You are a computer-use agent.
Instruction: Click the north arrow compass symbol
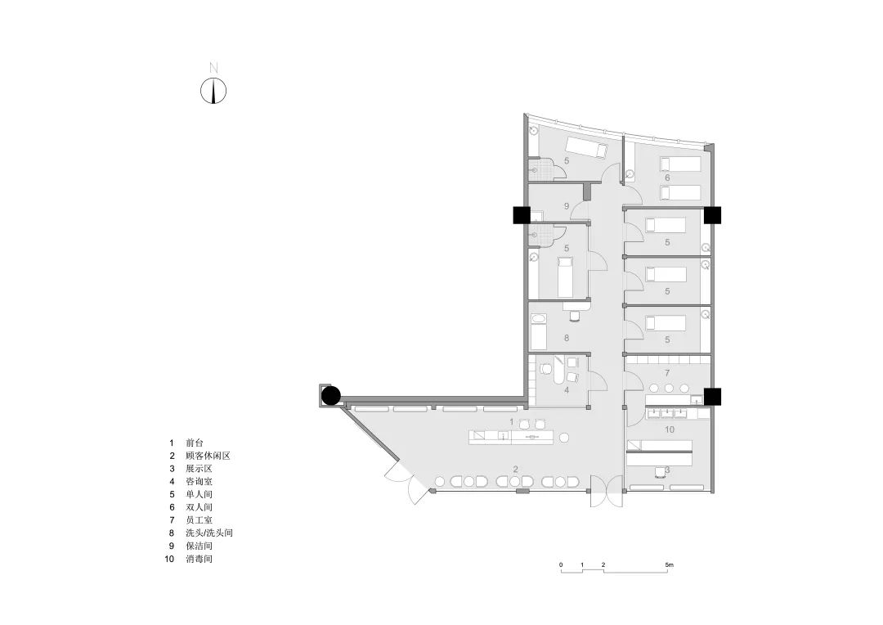click(213, 90)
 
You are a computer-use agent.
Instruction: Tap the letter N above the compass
click(213, 67)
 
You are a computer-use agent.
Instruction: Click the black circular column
click(330, 396)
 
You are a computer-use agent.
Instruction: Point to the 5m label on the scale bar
click(669, 565)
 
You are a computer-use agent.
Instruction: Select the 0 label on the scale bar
click(561, 565)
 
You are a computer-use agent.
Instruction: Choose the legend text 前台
click(194, 443)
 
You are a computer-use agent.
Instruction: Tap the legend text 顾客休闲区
click(208, 456)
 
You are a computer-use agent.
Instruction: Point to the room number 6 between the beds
click(667, 178)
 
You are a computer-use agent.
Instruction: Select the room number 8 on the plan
click(566, 337)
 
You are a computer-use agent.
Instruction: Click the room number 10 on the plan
click(668, 429)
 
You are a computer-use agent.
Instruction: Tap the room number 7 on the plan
click(667, 372)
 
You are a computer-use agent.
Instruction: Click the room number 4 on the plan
click(566, 390)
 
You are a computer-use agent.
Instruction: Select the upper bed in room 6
click(679, 164)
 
